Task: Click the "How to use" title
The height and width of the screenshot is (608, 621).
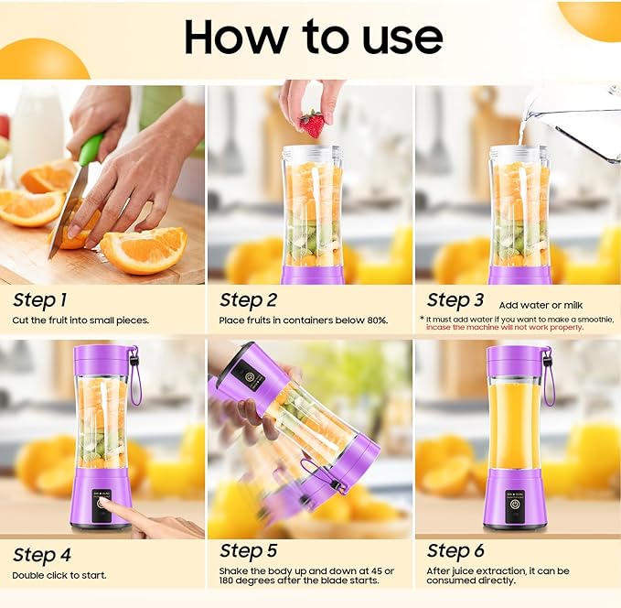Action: [313, 37]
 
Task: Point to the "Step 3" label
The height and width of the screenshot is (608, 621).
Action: [455, 299]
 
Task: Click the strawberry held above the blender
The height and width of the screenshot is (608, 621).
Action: [312, 124]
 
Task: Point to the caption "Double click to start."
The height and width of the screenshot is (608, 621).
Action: [59, 575]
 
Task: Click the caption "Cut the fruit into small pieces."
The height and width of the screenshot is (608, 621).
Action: [80, 320]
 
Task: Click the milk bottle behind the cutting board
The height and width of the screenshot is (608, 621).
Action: [37, 128]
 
